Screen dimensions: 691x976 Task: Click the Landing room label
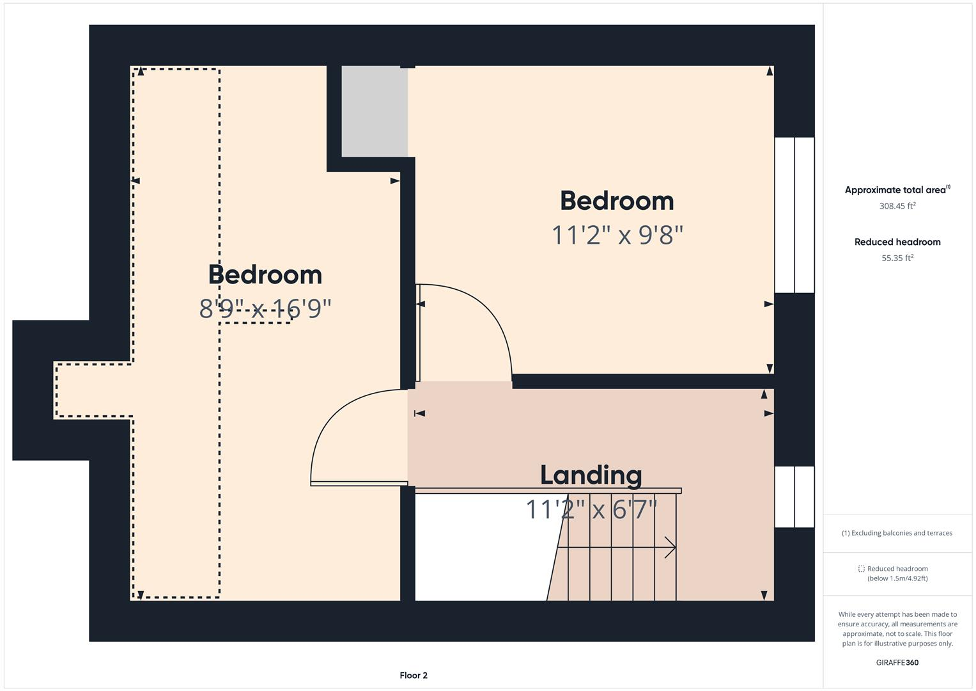point(591,475)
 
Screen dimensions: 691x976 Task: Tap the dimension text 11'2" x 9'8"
point(617,235)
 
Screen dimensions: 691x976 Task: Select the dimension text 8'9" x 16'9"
point(265,309)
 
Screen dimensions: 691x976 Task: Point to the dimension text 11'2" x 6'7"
point(591,510)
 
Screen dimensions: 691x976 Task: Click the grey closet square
point(374,111)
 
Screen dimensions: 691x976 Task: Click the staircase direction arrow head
point(670,548)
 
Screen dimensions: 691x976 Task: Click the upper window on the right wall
point(794,215)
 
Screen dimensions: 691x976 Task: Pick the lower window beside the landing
point(794,496)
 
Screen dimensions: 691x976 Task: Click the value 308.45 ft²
point(897,206)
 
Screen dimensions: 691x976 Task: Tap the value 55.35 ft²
point(897,258)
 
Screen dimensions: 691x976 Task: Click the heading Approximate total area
point(896,190)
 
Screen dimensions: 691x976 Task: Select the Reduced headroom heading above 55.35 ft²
point(897,242)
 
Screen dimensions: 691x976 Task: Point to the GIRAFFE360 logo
point(897,663)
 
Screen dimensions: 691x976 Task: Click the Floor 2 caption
point(414,676)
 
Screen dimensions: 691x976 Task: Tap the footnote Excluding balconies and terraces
point(897,533)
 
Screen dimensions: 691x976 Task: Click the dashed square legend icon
point(861,569)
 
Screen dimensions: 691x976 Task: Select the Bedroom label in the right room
point(617,201)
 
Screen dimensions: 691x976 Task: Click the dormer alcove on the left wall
point(93,390)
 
